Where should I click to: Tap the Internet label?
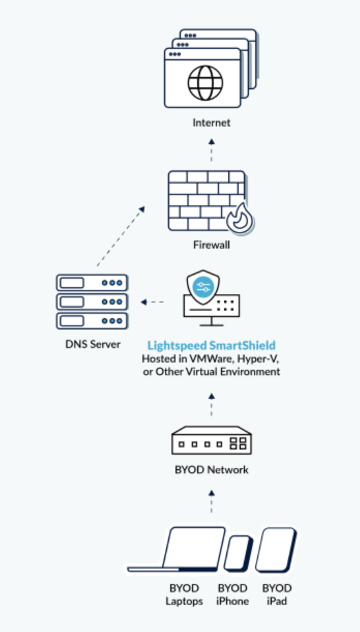pos(211,124)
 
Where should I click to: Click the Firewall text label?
pos(211,244)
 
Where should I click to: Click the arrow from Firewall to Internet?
pos(211,148)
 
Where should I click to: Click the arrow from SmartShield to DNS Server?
pos(152,302)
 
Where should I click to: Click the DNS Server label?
pos(91,344)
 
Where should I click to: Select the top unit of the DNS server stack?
pos(91,282)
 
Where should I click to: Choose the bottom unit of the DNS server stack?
pos(91,321)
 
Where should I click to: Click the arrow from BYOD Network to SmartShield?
pos(211,406)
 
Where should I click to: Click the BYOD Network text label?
pos(211,471)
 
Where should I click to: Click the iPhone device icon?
pos(238,554)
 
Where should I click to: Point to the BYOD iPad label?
pos(277,595)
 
